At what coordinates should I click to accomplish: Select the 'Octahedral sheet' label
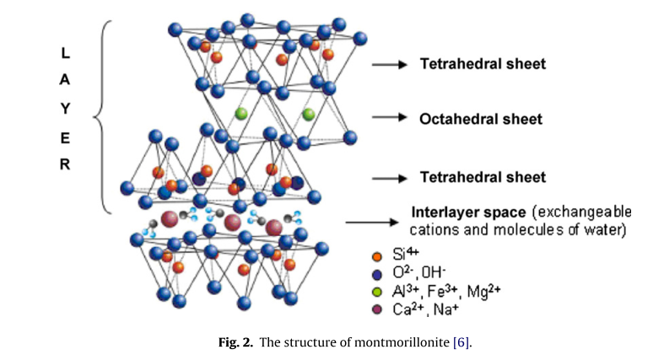click(481, 119)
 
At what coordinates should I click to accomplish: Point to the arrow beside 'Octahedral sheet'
click(390, 119)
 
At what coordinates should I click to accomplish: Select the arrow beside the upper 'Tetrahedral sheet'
click(390, 63)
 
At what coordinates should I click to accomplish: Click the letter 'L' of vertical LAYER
click(65, 52)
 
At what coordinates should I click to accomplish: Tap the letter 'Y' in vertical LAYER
click(65, 109)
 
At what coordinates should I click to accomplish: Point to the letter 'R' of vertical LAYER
click(65, 165)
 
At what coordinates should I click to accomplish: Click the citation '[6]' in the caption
click(461, 341)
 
